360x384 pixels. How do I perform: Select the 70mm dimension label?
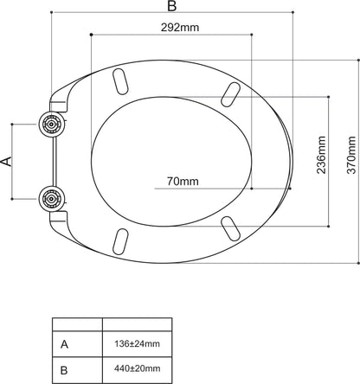pos(183,181)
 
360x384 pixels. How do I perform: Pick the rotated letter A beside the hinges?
pos(8,162)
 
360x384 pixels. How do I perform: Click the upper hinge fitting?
pos(51,125)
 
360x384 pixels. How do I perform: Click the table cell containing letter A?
pos(77,344)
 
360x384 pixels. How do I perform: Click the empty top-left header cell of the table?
pos(77,325)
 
